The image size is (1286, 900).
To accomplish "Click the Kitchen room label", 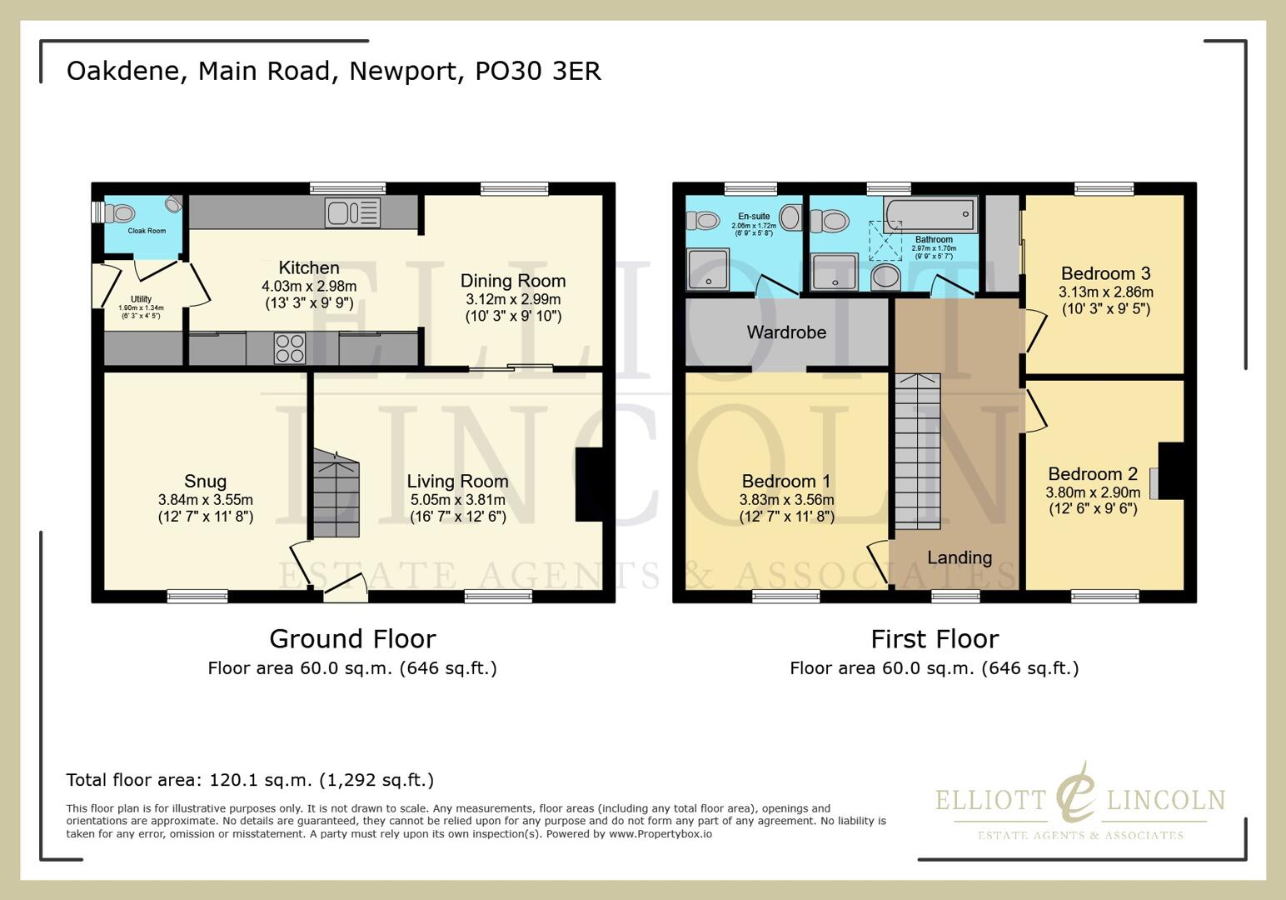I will click(308, 267).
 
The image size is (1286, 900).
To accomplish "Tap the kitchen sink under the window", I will click(352, 212).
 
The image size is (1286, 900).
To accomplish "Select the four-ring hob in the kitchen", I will click(289, 347).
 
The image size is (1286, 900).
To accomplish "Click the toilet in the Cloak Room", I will click(121, 213).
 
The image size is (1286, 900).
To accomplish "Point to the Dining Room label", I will click(512, 281).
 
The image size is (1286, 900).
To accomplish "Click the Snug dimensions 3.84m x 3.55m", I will click(205, 500).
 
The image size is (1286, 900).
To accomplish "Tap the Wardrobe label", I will click(786, 332).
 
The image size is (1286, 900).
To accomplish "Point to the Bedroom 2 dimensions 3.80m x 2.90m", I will click(1093, 492).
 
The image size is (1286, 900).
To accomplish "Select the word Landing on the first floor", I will click(960, 557).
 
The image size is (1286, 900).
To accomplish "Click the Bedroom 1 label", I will click(785, 481).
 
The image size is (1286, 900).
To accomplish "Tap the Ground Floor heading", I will click(352, 639).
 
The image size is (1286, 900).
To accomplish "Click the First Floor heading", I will click(934, 639).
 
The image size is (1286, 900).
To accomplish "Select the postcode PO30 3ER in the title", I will click(537, 71).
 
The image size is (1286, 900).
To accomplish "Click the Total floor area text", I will click(250, 780).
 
